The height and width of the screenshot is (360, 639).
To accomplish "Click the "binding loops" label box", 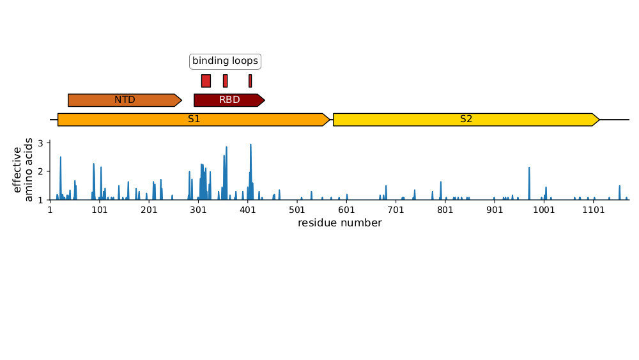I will [226, 61].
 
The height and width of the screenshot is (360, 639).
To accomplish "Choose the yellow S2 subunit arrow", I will [466, 119].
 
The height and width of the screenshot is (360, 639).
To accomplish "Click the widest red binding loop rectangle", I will [206, 81].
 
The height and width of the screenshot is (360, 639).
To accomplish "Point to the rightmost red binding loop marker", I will [250, 81].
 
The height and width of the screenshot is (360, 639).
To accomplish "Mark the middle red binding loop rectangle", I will [225, 81].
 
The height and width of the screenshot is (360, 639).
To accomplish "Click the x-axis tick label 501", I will [296, 210].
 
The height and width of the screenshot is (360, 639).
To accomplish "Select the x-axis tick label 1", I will [50, 210].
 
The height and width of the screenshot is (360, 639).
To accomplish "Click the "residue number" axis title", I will [339, 223].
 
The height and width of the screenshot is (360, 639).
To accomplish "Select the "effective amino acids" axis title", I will [23, 171].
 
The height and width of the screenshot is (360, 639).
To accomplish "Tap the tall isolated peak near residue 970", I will [529, 169].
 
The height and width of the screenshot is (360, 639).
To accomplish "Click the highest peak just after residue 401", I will [250, 146].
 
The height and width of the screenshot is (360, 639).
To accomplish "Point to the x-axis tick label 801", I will [445, 210].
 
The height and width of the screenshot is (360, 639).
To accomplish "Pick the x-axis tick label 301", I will [198, 210].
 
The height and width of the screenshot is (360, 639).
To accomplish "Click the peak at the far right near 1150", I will [619, 187].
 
